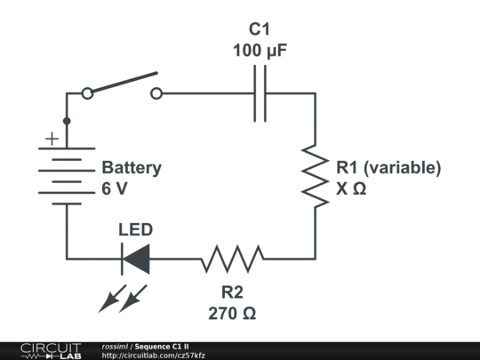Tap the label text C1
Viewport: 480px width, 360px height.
click(259, 29)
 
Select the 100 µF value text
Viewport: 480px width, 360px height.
click(259, 51)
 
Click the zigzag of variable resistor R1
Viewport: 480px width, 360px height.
click(315, 175)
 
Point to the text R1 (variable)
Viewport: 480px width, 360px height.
click(388, 167)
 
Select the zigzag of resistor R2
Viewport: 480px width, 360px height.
click(232, 259)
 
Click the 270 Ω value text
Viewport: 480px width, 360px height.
click(233, 313)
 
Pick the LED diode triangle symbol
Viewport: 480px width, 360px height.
click(135, 259)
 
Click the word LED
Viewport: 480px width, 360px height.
click(136, 229)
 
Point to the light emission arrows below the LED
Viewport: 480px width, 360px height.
click(123, 298)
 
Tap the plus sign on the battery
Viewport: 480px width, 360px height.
click(52, 139)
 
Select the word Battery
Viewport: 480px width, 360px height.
click(132, 167)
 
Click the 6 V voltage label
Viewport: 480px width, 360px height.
click(115, 189)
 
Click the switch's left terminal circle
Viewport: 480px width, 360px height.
click(86, 93)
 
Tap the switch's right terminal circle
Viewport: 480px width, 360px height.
click(156, 93)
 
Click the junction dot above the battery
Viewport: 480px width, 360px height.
click(66, 120)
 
